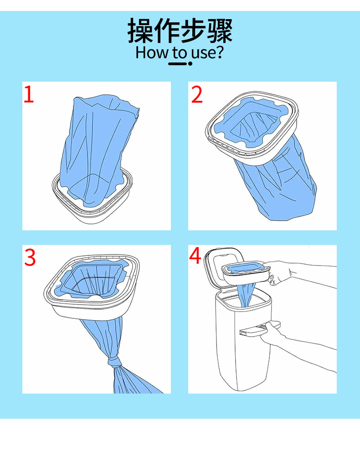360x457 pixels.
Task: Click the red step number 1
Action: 29,94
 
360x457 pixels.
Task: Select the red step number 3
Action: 30,257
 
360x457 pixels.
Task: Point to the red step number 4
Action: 195,255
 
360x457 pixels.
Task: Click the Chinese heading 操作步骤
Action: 180,31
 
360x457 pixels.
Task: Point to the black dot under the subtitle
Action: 190,63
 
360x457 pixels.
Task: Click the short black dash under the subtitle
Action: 177,63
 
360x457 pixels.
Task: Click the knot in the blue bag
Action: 115,363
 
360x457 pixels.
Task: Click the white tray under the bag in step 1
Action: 92,198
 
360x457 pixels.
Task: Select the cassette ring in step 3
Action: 92,287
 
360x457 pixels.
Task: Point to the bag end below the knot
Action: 134,380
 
